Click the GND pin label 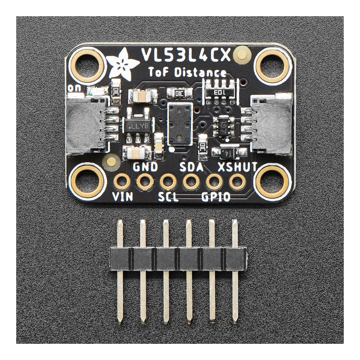(x=145, y=167)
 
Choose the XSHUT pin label (x=237, y=167)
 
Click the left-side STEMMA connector (x=88, y=123)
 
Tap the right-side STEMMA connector (x=270, y=123)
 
